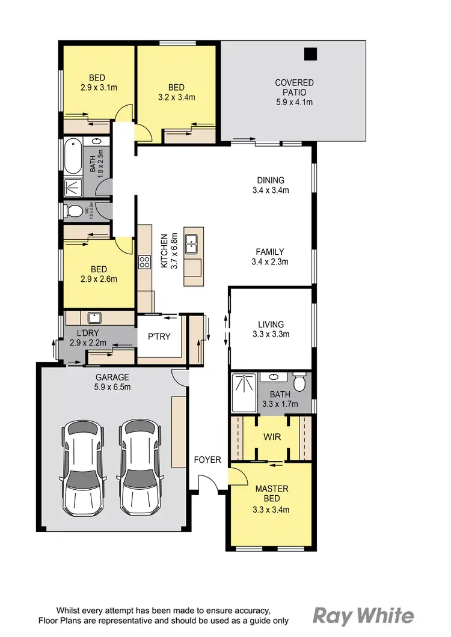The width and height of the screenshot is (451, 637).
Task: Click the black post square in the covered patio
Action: tap(310, 54)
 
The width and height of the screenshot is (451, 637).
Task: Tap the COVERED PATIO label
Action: tap(294, 87)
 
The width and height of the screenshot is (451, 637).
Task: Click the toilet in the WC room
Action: tap(74, 211)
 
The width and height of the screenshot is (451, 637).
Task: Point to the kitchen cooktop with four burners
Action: tap(144, 261)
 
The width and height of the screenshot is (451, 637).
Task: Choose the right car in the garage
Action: tap(140, 466)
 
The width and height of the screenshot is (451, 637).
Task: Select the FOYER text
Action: tap(207, 460)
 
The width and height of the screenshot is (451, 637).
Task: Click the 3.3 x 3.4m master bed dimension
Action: tap(272, 510)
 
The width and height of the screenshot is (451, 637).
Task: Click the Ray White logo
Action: tap(363, 615)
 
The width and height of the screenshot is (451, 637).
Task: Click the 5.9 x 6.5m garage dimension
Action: tap(113, 387)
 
